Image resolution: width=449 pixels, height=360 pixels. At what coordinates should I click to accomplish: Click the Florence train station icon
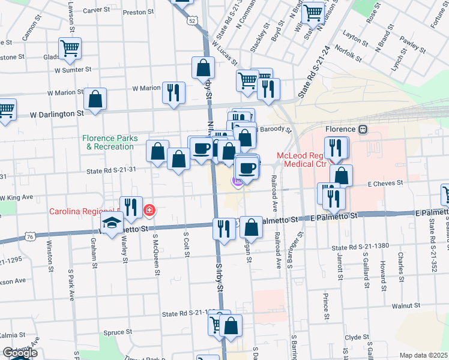pos(363,130)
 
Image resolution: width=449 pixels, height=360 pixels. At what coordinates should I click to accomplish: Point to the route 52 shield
pos(191,20)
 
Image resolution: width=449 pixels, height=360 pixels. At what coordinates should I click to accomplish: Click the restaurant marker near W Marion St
pos(173,93)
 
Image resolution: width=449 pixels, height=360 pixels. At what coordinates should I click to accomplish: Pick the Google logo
pos(20,353)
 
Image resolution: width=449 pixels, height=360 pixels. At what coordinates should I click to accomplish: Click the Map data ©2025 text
pos(423,355)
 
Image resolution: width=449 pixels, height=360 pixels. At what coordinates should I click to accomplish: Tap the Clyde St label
pos(356,337)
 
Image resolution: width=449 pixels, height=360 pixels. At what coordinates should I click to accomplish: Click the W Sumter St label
pos(73,70)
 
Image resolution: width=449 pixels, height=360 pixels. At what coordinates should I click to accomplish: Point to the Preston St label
pos(134,12)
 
